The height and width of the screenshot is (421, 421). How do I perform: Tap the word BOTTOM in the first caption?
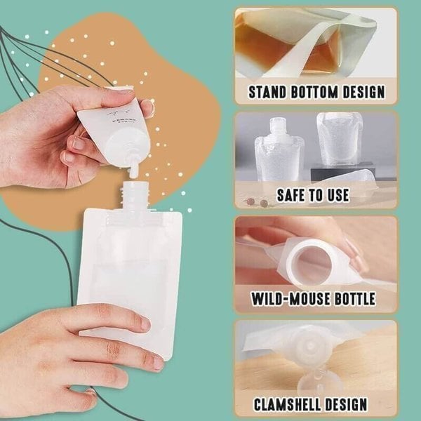point(318,91)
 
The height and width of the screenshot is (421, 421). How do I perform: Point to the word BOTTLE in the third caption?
point(349,300)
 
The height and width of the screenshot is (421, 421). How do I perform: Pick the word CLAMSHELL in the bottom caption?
point(292,404)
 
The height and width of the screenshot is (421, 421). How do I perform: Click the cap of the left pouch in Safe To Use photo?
point(279,126)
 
